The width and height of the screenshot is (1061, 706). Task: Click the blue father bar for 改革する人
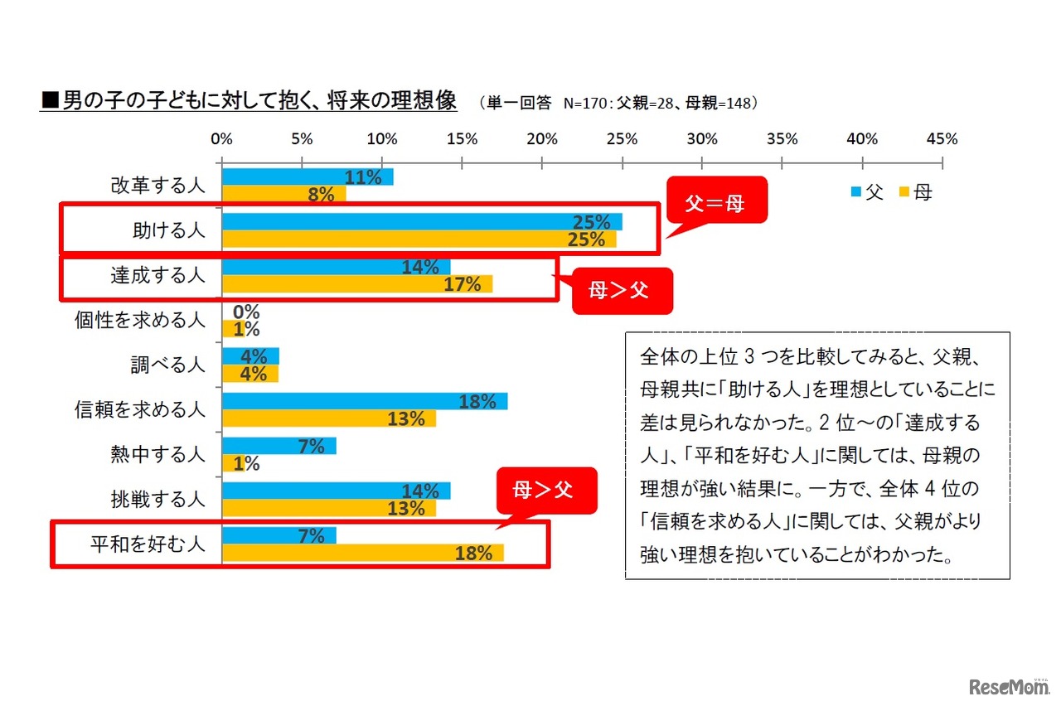(x=307, y=176)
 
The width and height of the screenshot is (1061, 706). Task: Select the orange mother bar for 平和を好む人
(x=362, y=553)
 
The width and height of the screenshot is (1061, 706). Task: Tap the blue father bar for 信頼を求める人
(x=365, y=401)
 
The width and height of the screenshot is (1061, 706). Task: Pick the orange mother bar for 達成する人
(x=356, y=284)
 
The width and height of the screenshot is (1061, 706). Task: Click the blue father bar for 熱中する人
(x=279, y=446)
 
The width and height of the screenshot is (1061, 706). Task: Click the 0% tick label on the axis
(x=222, y=138)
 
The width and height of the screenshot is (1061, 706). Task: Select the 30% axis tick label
(x=702, y=138)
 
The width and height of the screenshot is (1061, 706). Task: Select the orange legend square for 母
(x=902, y=192)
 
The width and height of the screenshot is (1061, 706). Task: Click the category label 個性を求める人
(x=140, y=321)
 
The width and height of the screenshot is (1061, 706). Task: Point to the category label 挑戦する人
(x=157, y=500)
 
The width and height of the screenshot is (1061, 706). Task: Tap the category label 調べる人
(x=167, y=365)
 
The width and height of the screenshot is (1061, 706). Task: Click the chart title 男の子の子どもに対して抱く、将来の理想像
(x=249, y=101)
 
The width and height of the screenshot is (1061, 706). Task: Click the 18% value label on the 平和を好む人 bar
(x=473, y=554)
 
